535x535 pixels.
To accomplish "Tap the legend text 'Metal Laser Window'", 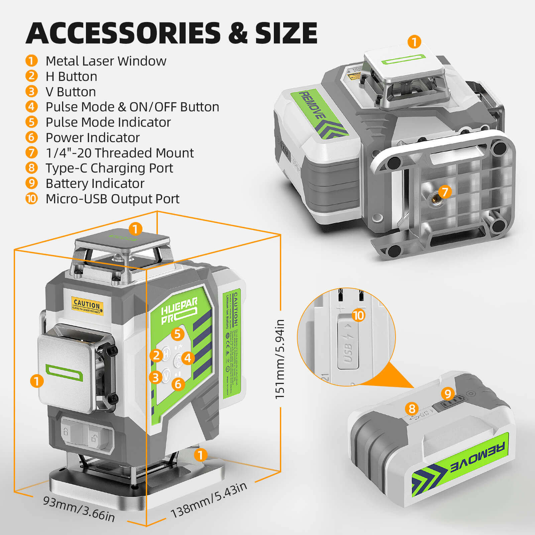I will pyautogui.click(x=106, y=61).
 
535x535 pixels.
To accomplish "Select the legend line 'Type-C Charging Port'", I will pyautogui.click(x=109, y=168).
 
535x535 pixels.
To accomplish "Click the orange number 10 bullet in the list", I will pyautogui.click(x=31, y=199).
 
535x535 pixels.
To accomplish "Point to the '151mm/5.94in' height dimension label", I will pyautogui.click(x=280, y=359).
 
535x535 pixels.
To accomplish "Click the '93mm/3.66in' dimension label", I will pyautogui.click(x=79, y=508).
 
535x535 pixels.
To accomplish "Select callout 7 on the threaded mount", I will pyautogui.click(x=445, y=192).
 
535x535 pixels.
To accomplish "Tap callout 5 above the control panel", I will pyautogui.click(x=178, y=334).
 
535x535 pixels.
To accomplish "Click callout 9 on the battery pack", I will pyautogui.click(x=448, y=394).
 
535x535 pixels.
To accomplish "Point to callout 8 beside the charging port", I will pyautogui.click(x=412, y=408).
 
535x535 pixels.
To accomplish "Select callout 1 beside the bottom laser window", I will pyautogui.click(x=200, y=455).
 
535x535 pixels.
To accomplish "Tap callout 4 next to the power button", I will pyautogui.click(x=188, y=358).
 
